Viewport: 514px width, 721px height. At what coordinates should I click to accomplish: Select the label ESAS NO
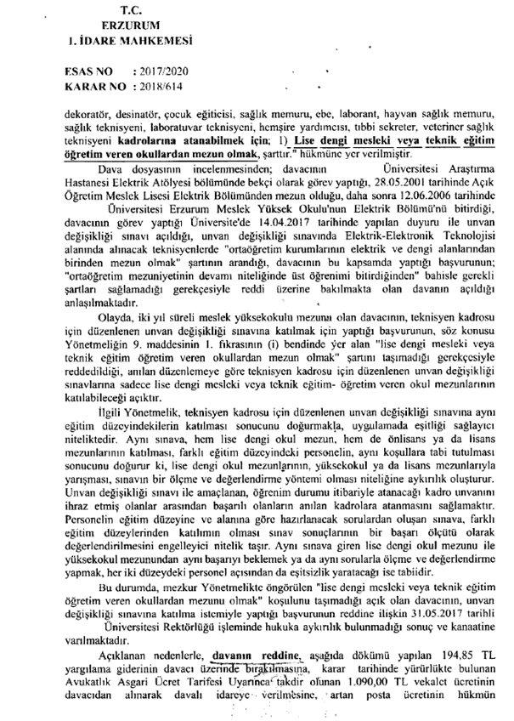tap(88, 73)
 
